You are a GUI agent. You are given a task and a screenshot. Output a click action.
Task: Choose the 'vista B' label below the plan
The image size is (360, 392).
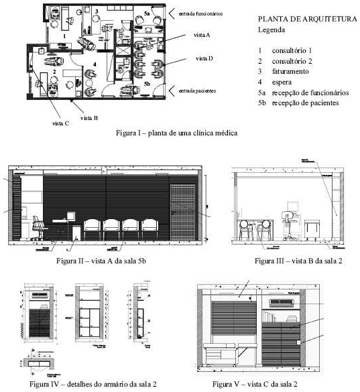click(x=89, y=117)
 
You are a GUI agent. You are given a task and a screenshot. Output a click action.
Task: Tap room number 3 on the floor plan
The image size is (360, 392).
click(x=97, y=11)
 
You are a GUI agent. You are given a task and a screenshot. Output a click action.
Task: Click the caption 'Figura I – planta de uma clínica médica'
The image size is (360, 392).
click(x=176, y=133)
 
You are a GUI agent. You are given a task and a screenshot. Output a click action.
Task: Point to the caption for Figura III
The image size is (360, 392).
click(x=288, y=259)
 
